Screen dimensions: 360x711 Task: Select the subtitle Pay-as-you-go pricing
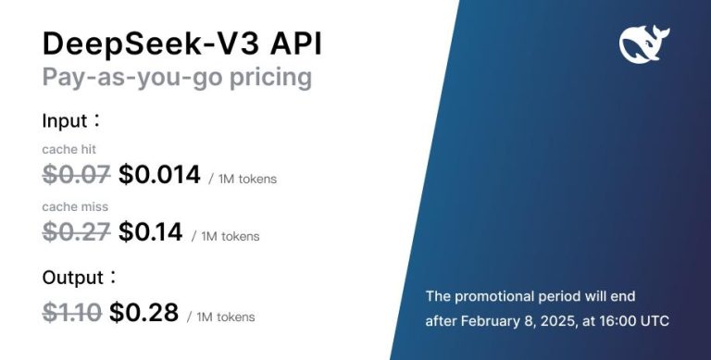click(x=177, y=78)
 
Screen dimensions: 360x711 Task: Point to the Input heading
click(x=68, y=120)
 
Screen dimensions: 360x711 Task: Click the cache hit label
click(x=69, y=149)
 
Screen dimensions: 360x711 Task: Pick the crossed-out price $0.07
click(x=76, y=173)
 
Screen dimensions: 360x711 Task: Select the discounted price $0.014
click(x=159, y=173)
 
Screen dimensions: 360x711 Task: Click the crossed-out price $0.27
click(x=76, y=232)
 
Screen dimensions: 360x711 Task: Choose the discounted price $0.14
click(x=150, y=232)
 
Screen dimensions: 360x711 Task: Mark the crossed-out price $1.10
click(x=71, y=313)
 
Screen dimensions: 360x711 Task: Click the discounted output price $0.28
click(x=143, y=313)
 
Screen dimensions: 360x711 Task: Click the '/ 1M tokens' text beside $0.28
click(x=220, y=317)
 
